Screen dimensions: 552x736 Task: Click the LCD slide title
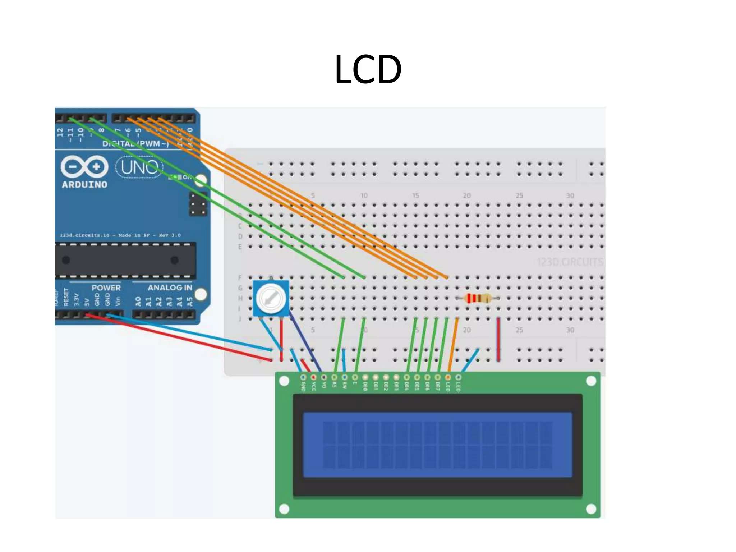pos(368,69)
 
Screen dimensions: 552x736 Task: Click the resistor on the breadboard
pos(477,298)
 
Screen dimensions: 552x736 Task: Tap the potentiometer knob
pos(271,298)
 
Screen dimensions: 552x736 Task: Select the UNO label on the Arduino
pos(139,167)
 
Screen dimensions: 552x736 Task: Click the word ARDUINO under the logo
pos(84,185)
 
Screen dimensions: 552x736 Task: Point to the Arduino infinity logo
pos(84,167)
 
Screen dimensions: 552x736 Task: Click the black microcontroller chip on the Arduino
pos(125,260)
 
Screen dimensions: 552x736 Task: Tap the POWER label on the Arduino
pos(106,288)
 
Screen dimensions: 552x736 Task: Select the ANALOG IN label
pos(170,288)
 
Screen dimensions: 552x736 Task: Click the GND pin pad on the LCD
pos(303,377)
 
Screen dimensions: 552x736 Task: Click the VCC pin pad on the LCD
pos(313,377)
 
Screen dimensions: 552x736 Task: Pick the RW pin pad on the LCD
pos(345,377)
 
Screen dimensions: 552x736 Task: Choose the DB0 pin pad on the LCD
pos(365,377)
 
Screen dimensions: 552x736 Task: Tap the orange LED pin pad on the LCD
pos(448,377)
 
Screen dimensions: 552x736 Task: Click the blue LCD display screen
pos(437,445)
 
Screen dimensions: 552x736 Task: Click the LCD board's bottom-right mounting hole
pos(591,509)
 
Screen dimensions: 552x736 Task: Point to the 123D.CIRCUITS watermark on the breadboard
pos(570,262)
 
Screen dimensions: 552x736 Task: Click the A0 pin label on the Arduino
pos(138,301)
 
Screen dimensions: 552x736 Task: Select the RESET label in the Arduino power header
pos(66,297)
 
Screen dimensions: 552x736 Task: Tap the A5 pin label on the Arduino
pos(190,301)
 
